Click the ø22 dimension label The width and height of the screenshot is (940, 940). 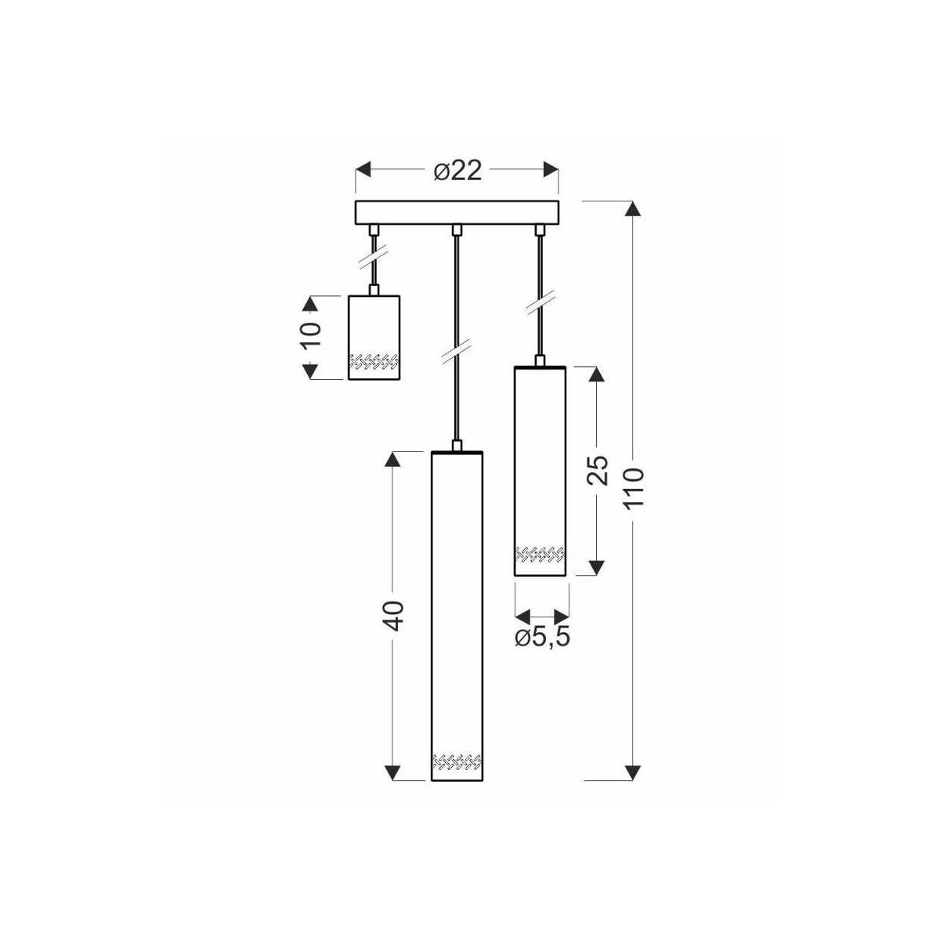457,171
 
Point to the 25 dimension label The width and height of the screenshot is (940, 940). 598,470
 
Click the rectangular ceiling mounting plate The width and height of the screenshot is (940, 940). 457,213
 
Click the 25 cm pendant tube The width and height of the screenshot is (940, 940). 540,471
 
